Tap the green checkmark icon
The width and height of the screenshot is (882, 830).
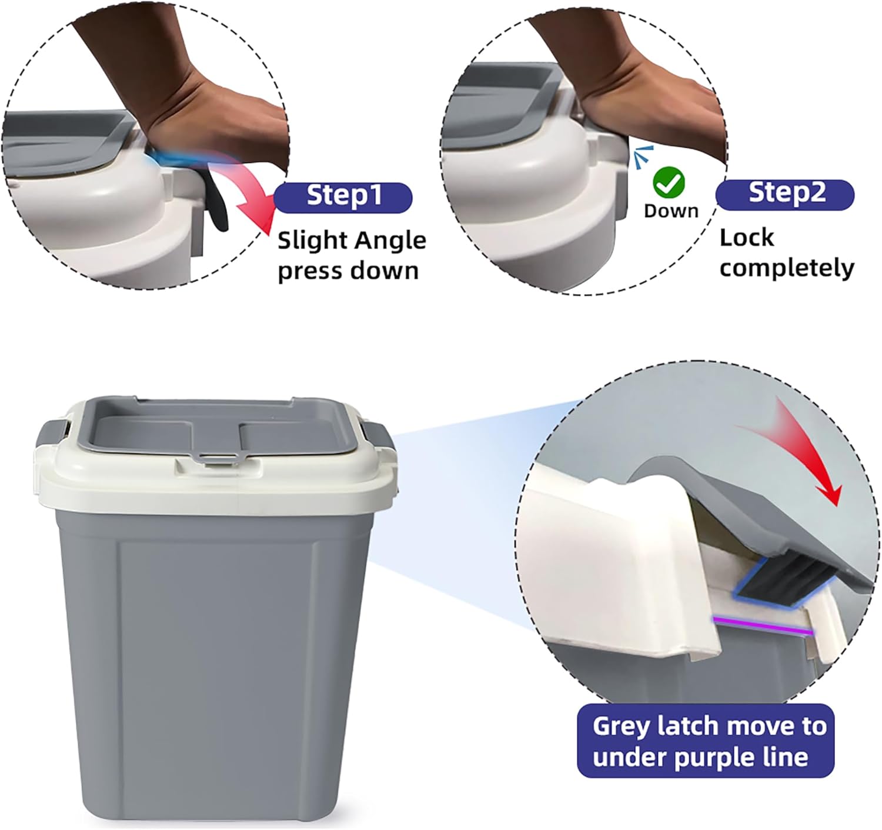tap(669, 182)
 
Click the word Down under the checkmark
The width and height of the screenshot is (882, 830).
tap(671, 211)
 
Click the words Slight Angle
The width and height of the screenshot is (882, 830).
tap(352, 241)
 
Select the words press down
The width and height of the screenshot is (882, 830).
tap(348, 270)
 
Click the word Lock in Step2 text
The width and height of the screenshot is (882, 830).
tap(747, 238)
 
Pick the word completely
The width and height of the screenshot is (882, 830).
tap(787, 268)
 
